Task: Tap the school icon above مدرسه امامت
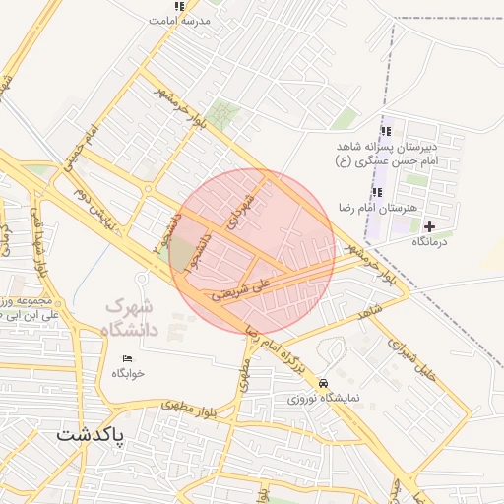(x=178, y=6)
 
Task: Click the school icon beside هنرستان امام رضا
(x=376, y=192)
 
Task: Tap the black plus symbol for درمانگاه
(x=429, y=226)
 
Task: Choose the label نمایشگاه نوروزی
(x=324, y=399)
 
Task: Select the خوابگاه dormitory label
(x=128, y=373)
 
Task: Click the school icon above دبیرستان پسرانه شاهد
(x=385, y=130)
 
